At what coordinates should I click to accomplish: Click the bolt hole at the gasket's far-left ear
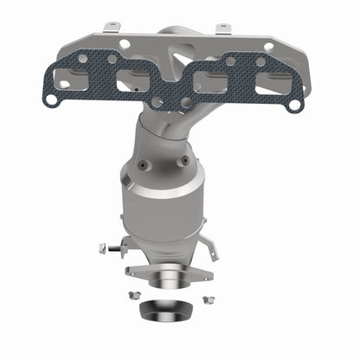(52, 100)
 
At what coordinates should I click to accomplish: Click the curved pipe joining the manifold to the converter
(169, 130)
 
